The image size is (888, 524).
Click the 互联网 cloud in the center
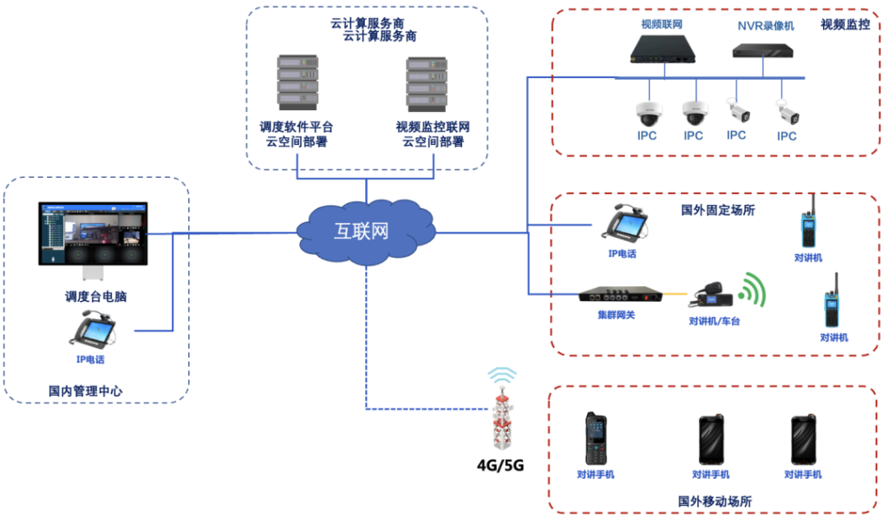coord(365,231)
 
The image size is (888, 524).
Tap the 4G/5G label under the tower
coord(500,463)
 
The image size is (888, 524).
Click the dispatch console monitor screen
coord(93,234)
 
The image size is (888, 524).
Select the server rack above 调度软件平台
coord(297,85)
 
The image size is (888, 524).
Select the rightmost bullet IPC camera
coord(787,111)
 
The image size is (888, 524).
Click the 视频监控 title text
coord(845,25)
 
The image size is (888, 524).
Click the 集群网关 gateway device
coord(617,295)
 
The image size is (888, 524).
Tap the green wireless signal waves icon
coord(754,291)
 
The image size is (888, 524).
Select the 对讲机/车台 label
coord(715,321)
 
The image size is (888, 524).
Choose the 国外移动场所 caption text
coord(714,501)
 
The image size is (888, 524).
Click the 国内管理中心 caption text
coord(85,391)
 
